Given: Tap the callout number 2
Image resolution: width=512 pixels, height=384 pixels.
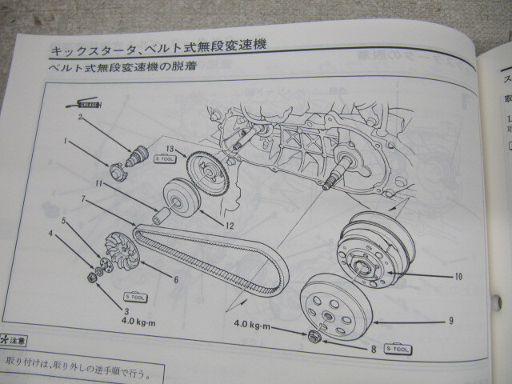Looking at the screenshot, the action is tap(80, 118).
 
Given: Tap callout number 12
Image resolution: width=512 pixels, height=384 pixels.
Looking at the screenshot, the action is tap(229, 226).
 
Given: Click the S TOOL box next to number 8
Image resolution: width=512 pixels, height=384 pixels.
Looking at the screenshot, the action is tap(398, 348).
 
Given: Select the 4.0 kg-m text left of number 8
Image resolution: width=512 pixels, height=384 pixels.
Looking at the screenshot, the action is tap(256, 326).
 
